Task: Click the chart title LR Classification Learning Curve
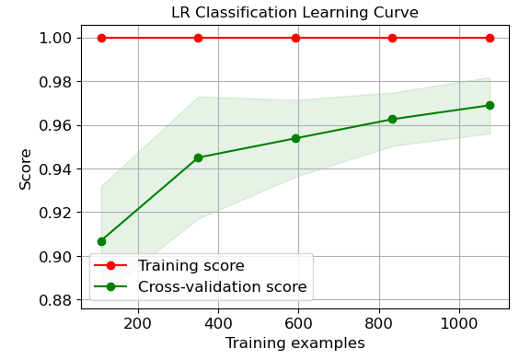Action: (x=294, y=13)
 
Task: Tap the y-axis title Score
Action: (x=26, y=168)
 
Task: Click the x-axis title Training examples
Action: (x=294, y=343)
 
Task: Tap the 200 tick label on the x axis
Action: (x=138, y=323)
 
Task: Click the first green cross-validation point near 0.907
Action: (x=101, y=241)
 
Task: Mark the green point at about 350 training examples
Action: (x=198, y=157)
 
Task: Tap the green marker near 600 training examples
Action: (x=295, y=138)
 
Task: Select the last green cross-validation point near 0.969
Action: (x=490, y=105)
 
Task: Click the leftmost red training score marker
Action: (x=101, y=38)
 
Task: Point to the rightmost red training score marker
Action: (x=490, y=38)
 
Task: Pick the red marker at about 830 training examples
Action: (x=392, y=38)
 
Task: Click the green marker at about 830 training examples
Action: (x=392, y=119)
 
